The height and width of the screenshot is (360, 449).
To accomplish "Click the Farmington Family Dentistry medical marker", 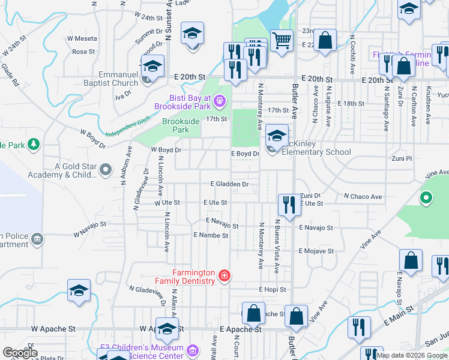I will (x=224, y=275).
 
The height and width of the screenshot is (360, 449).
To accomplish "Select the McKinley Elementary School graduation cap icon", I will (x=276, y=134).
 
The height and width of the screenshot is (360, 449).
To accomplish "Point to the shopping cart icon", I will (x=282, y=41).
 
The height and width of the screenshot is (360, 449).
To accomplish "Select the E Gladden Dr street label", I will (x=229, y=184).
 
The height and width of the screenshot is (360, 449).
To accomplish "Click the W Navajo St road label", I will (x=89, y=228).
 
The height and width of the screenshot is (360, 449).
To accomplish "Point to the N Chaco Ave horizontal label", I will (x=362, y=196).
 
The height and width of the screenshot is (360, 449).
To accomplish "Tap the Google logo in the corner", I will (x=20, y=353).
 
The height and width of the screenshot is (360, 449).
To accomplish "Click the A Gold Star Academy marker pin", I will (x=106, y=170).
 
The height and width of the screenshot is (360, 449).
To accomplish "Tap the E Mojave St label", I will (x=319, y=250).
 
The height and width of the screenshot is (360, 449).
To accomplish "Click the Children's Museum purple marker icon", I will (x=193, y=350).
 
